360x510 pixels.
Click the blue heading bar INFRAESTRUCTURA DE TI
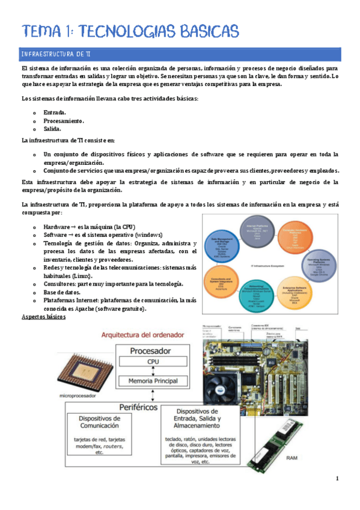click(x=180, y=54)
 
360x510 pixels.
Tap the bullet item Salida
click(x=52, y=129)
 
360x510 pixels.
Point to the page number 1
click(x=337, y=479)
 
